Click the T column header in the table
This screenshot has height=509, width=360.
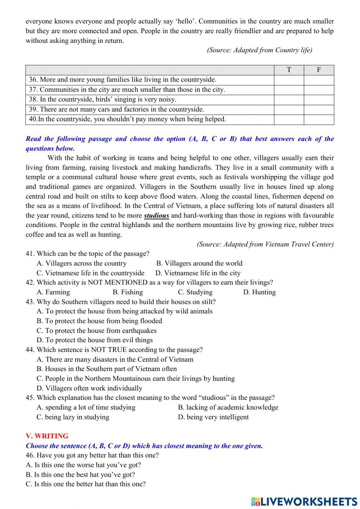point(289,70)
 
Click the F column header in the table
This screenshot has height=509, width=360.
point(319,70)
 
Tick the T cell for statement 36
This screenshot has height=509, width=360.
point(289,80)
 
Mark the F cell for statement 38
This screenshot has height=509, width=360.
point(319,100)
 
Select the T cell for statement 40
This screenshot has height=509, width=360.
point(289,119)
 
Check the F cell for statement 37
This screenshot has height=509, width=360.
point(319,90)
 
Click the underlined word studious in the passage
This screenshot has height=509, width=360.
point(157,216)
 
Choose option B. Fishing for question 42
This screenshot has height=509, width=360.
point(128,292)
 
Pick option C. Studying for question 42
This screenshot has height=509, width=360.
point(195,292)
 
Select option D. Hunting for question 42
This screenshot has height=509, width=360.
point(259,292)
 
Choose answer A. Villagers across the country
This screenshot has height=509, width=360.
point(82,263)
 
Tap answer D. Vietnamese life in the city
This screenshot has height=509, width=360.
point(198,273)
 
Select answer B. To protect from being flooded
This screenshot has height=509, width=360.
point(99,321)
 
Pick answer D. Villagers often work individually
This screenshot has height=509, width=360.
point(89,388)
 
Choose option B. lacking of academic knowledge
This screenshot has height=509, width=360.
point(228,407)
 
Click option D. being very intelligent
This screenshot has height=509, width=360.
point(213,417)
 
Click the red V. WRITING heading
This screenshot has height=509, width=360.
point(47,436)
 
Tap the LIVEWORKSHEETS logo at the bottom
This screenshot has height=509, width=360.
point(304,501)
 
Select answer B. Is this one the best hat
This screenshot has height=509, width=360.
point(80,475)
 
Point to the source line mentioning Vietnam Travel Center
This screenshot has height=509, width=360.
point(265,244)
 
